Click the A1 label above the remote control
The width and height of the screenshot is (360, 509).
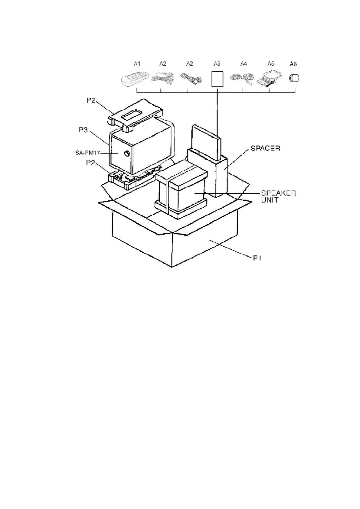tap(137, 64)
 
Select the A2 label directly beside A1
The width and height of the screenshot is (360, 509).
tap(163, 64)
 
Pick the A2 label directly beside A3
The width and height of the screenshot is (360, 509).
tap(190, 64)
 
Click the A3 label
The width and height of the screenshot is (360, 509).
tap(217, 64)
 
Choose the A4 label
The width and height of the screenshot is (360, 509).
tap(244, 64)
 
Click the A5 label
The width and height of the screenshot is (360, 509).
tap(271, 64)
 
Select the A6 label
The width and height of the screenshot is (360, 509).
tap(293, 64)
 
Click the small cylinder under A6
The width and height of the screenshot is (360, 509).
tap(293, 78)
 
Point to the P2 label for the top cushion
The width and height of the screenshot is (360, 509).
tap(91, 101)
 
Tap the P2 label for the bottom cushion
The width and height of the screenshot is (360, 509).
tap(90, 163)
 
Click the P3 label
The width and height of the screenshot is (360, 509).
tap(83, 130)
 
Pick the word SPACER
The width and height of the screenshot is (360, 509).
tap(265, 148)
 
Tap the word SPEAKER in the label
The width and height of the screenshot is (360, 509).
tap(278, 193)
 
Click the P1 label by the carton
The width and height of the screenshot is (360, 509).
tap(257, 258)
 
